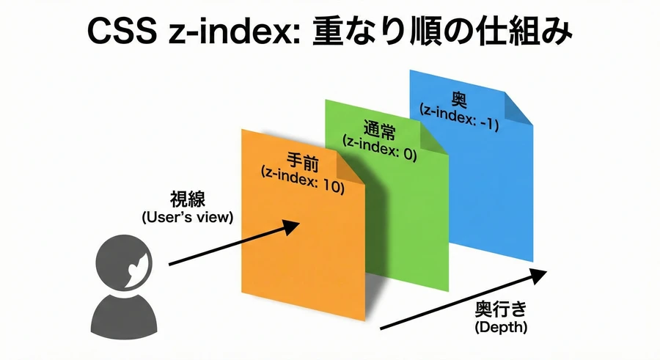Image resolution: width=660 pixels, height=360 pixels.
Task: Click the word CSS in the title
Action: [122, 31]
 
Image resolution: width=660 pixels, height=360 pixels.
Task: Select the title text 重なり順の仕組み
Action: [442, 31]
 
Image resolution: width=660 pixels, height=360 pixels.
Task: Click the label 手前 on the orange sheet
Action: [303, 162]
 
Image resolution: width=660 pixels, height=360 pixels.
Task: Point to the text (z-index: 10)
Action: [303, 180]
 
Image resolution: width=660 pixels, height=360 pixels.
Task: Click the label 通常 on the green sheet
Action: [380, 130]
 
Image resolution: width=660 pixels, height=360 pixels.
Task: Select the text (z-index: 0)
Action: [380, 148]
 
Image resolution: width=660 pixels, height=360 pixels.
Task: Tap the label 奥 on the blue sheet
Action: [459, 100]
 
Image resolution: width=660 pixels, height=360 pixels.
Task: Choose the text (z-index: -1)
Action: [459, 117]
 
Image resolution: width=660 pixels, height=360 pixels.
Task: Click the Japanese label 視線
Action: [187, 199]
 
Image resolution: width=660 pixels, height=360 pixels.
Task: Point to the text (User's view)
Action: [187, 218]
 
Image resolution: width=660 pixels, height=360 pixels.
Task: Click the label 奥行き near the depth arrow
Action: [501, 309]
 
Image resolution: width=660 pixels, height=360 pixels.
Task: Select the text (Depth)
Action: [501, 327]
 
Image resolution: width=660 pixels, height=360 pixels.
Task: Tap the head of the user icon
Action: [124, 262]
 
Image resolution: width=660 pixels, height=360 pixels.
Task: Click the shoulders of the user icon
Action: [124, 316]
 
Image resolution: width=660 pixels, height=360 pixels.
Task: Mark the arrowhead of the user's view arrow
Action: [290, 227]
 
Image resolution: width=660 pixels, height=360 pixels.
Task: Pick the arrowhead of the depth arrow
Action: [538, 276]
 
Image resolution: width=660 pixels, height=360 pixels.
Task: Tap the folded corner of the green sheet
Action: [433, 138]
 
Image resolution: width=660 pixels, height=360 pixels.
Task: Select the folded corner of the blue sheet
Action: [518, 109]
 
